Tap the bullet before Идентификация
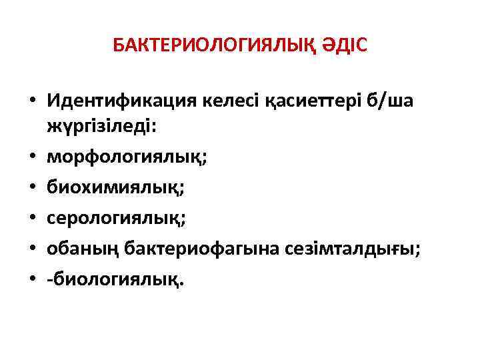[32, 102]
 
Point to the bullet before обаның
[32, 249]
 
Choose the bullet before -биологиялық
[32, 281]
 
